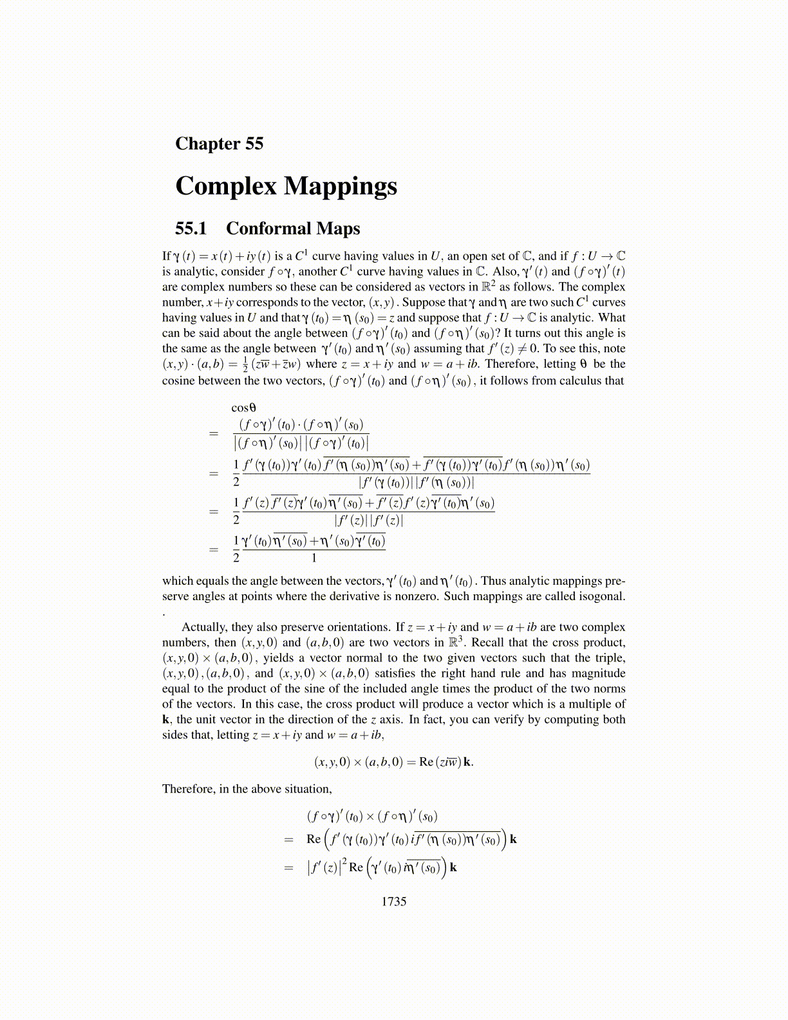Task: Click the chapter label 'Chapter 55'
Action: [x=219, y=143]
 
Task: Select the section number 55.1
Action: [x=191, y=229]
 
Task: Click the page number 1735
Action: [x=393, y=902]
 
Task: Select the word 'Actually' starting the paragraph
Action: [x=204, y=627]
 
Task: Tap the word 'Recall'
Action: [x=488, y=643]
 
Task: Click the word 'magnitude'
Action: [x=596, y=674]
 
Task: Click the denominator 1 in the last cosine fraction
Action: [x=314, y=558]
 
